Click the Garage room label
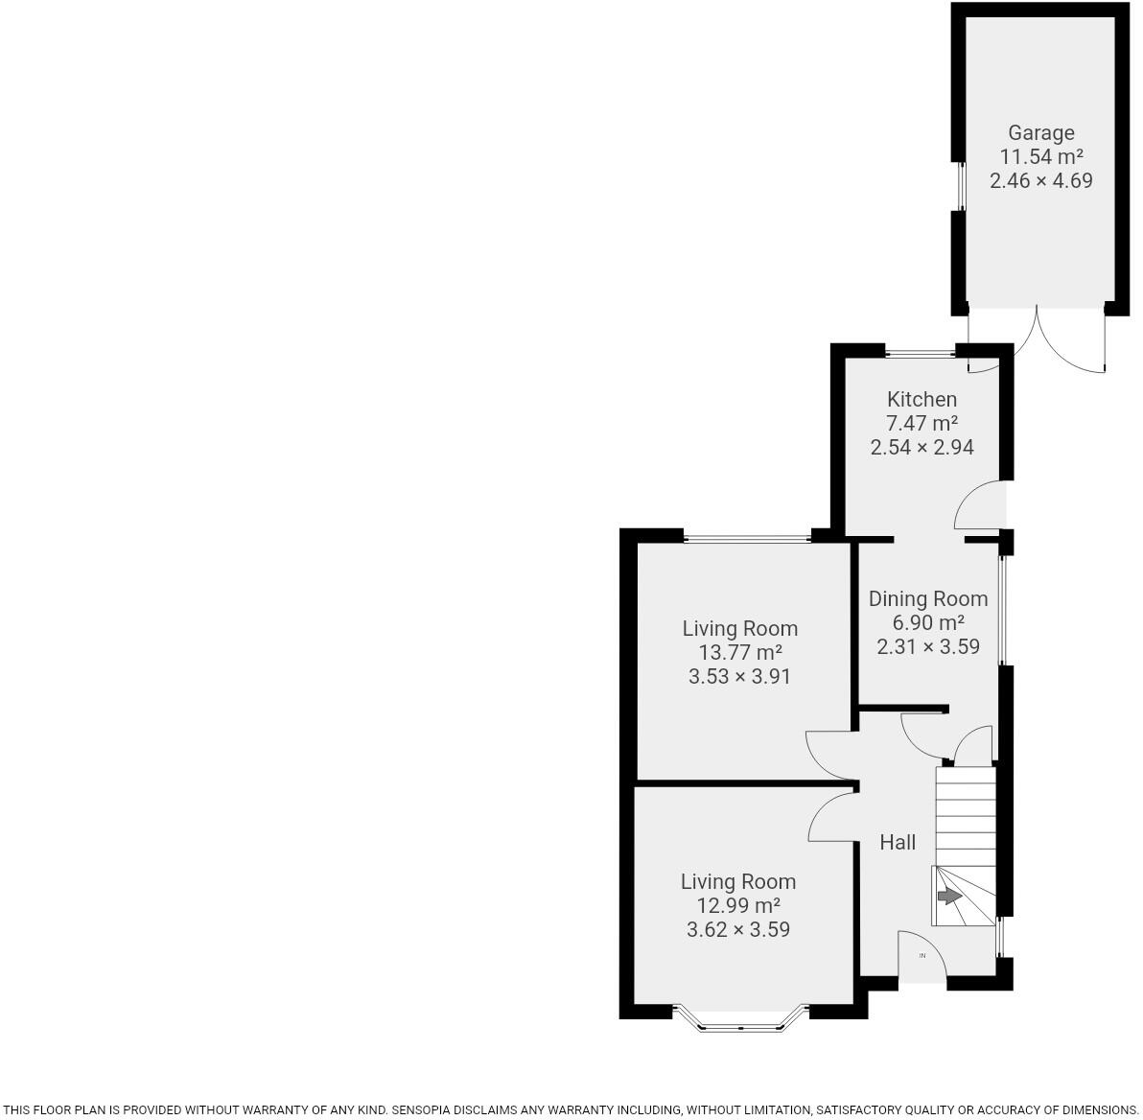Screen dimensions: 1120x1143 pos(1040,132)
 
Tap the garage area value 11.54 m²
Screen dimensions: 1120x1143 pos(1040,156)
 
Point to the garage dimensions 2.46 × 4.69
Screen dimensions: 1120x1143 pos(1040,180)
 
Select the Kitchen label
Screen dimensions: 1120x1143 pos(921,399)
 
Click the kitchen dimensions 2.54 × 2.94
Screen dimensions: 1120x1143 pos(921,447)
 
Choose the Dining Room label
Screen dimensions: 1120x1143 pos(927,598)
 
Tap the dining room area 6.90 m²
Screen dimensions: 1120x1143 pos(927,622)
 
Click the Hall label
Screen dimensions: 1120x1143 pos(898,842)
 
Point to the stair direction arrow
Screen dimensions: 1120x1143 pos(948,897)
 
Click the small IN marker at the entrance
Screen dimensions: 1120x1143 pos(922,955)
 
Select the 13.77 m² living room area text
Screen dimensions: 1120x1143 pos(739,652)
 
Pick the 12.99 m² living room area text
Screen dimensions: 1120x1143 pos(737,905)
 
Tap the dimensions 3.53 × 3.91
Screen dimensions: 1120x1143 pos(739,676)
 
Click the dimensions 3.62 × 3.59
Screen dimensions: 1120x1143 pos(737,929)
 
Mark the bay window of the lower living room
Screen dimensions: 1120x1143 pos(740,1022)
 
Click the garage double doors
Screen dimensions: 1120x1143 pos(1037,340)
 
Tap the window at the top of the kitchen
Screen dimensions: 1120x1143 pos(919,352)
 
